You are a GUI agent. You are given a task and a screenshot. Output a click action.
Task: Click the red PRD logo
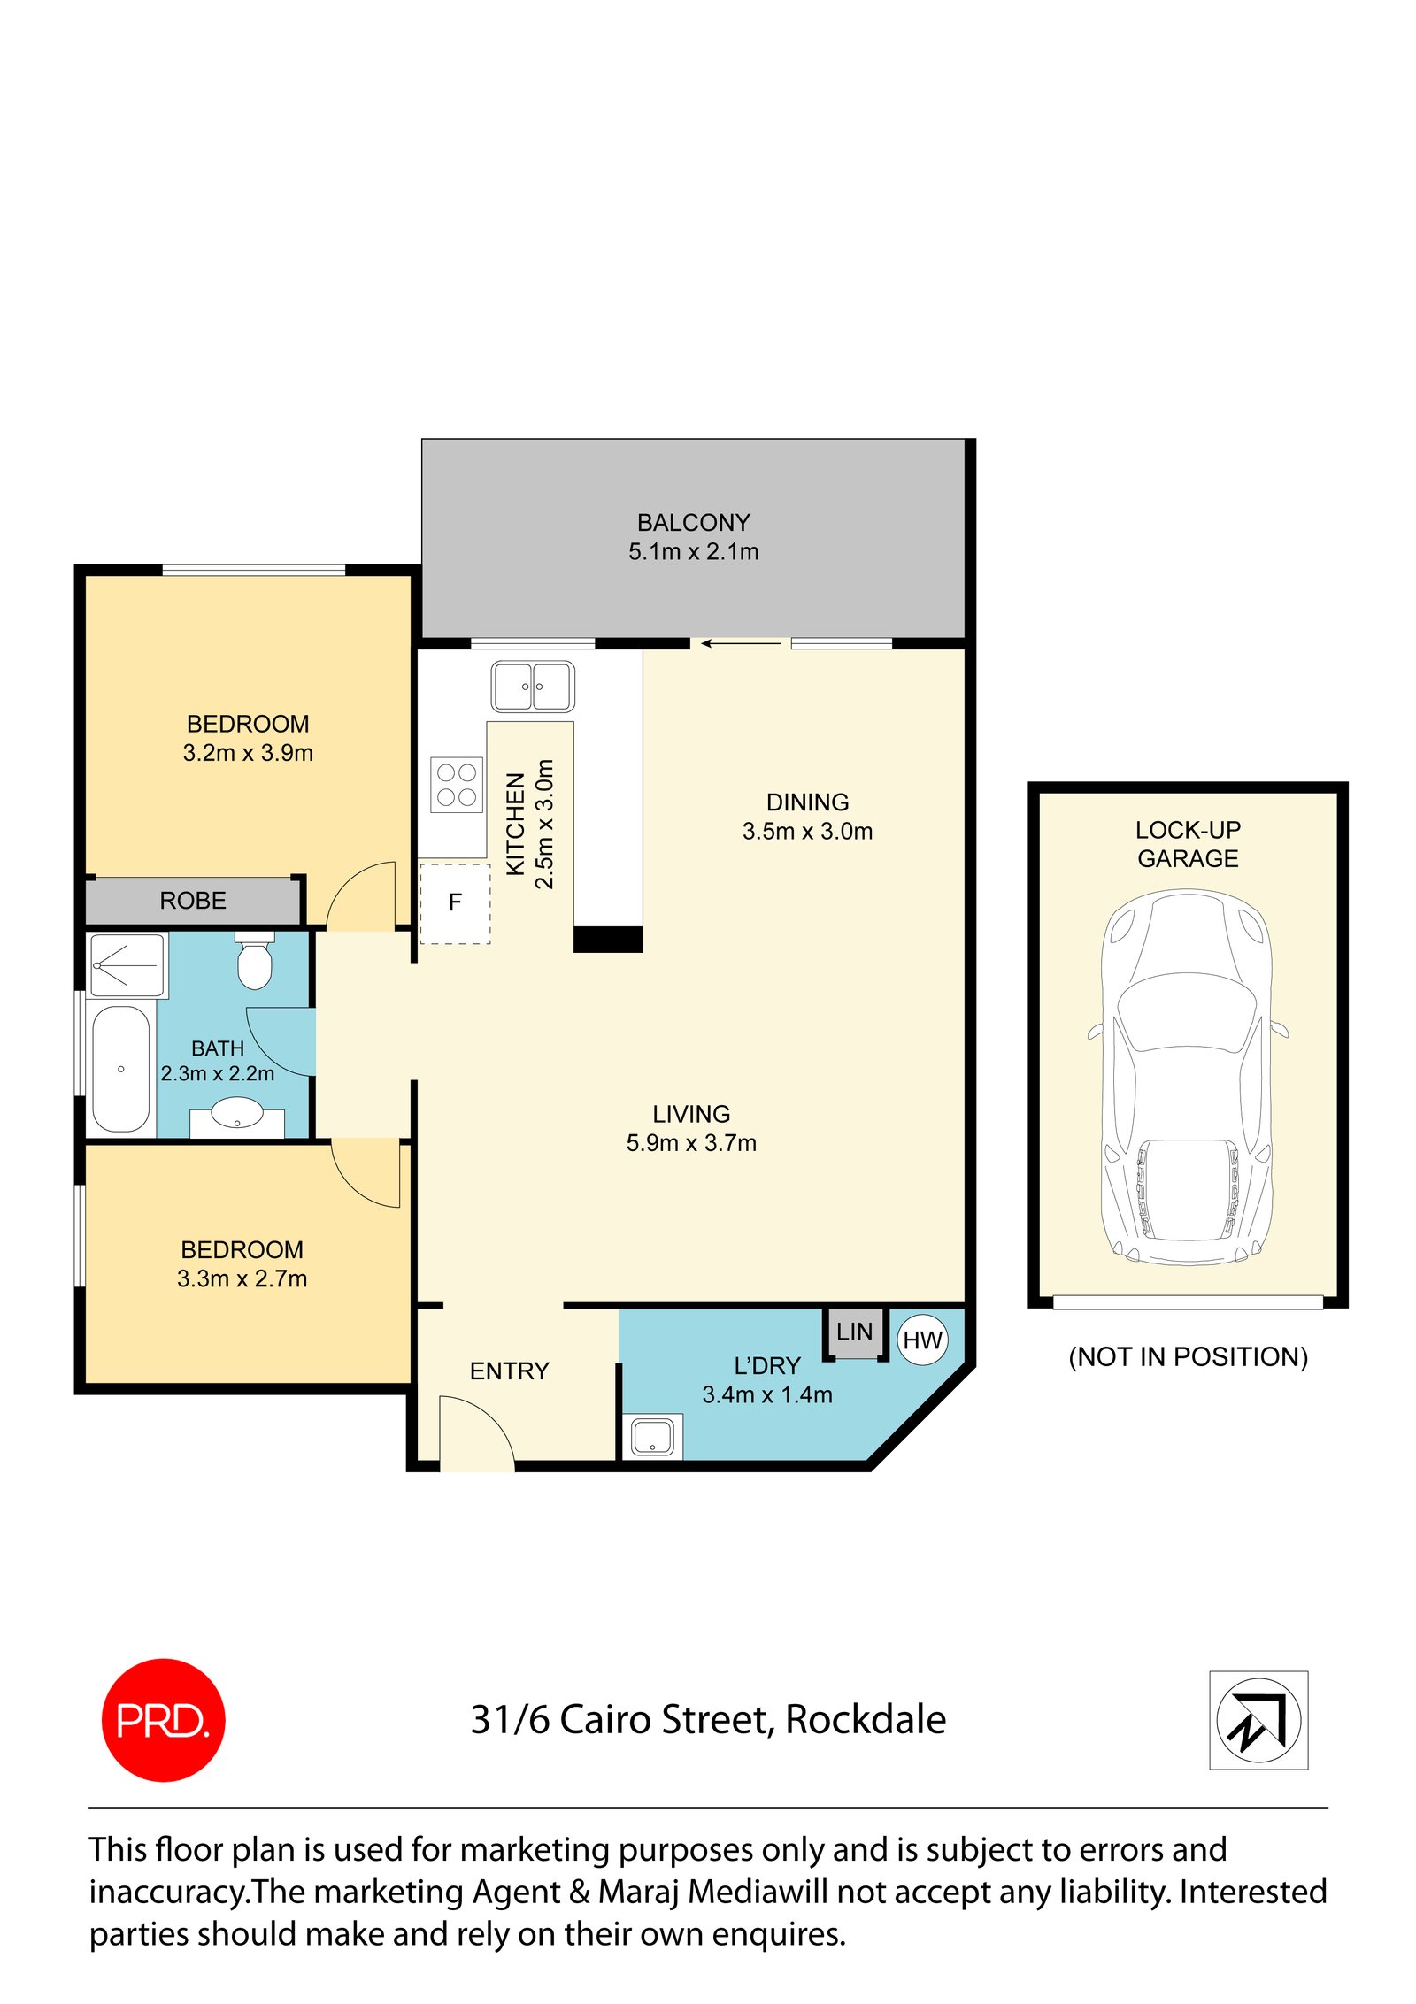click(163, 1719)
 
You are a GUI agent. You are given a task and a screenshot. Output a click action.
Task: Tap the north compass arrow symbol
click(1258, 1719)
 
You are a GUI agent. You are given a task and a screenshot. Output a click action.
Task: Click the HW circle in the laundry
click(921, 1340)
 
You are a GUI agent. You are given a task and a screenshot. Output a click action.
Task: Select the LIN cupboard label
click(854, 1332)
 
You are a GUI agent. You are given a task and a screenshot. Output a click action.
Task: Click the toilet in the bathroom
click(255, 963)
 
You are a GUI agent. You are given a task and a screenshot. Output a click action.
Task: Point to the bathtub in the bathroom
click(120, 1068)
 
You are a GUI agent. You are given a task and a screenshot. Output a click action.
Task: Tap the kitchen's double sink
click(533, 687)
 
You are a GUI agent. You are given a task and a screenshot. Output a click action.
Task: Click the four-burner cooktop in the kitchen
click(457, 784)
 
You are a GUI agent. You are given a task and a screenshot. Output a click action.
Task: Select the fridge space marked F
click(455, 902)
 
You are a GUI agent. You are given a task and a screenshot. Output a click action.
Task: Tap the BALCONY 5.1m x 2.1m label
click(693, 537)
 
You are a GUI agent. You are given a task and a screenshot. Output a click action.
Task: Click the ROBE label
click(193, 901)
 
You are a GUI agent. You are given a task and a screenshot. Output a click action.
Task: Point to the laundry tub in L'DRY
click(652, 1435)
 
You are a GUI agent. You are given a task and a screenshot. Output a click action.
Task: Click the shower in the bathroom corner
click(128, 964)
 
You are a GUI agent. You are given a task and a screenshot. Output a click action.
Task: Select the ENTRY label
click(509, 1371)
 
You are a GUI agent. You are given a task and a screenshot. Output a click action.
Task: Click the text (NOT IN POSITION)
click(1188, 1356)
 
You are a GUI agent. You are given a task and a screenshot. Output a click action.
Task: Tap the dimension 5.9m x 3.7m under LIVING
click(691, 1143)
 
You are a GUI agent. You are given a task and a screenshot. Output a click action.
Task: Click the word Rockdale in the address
click(865, 1719)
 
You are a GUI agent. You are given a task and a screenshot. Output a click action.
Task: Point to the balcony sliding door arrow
click(740, 644)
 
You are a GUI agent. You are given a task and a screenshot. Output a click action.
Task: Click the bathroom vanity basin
click(237, 1113)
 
